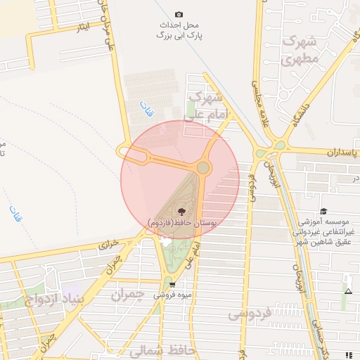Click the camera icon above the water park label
[179, 14]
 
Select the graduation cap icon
[323, 211]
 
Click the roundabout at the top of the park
[203, 167]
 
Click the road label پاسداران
[342, 152]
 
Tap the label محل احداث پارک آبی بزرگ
[179, 29]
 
